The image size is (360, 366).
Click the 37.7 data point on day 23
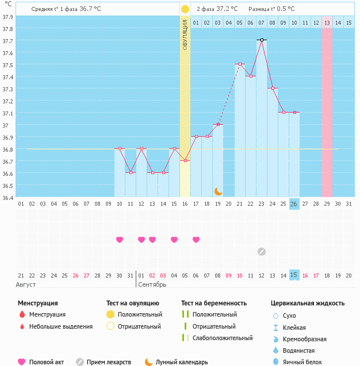(x=262, y=40)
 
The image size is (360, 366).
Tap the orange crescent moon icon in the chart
(x=218, y=191)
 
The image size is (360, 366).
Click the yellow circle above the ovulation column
(x=185, y=9)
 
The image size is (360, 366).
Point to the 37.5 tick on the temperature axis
(x=7, y=65)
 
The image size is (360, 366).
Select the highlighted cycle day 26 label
(x=294, y=203)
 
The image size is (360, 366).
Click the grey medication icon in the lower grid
(x=262, y=251)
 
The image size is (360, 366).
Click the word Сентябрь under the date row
(x=152, y=284)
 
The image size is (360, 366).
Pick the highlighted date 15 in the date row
(x=294, y=276)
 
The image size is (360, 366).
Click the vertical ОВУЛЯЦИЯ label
(x=185, y=34)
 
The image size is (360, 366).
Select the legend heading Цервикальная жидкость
(x=308, y=303)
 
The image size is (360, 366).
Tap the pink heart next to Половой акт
(x=22, y=362)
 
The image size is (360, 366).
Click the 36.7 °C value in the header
(x=89, y=9)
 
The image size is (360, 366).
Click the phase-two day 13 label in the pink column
(x=327, y=22)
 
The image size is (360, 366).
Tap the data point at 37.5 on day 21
(x=240, y=64)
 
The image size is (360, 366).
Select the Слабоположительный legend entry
(x=223, y=338)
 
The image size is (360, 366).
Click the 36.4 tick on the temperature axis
(x=7, y=198)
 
